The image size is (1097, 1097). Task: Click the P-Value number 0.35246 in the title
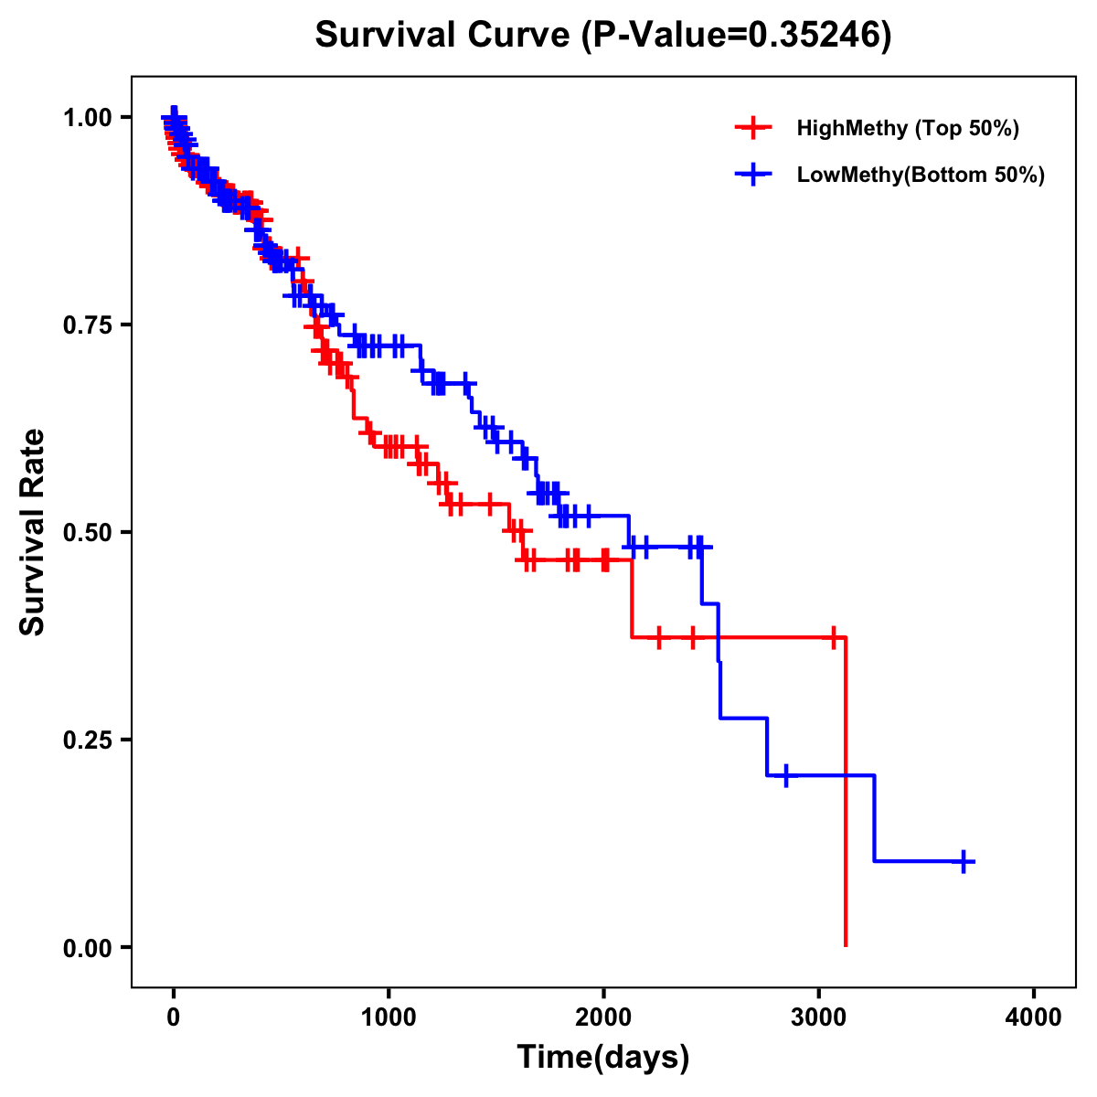point(815,35)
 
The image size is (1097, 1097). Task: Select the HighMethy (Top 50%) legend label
point(907,128)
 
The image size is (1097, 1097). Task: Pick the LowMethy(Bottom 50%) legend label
point(920,175)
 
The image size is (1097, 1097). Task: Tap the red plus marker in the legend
point(753,128)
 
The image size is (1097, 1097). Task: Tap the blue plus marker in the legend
point(753,175)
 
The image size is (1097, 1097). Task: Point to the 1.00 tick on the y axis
point(86,117)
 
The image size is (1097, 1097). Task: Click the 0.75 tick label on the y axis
point(86,325)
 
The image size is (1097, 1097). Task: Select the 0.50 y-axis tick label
point(86,532)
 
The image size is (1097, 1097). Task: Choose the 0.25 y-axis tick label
point(86,740)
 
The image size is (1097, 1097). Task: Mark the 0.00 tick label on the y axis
point(86,947)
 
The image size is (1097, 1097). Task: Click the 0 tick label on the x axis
point(174,1017)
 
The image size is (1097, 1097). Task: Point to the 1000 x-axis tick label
point(389,1017)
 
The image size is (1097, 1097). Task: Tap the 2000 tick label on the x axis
point(603,1017)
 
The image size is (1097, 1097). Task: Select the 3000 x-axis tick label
point(819,1017)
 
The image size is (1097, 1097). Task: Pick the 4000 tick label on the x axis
point(1034,1017)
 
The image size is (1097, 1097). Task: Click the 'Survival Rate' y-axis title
point(33,532)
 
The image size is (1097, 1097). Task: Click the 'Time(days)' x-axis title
point(603,1058)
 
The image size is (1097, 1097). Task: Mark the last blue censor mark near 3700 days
point(964,861)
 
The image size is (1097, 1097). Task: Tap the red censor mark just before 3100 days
point(833,637)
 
